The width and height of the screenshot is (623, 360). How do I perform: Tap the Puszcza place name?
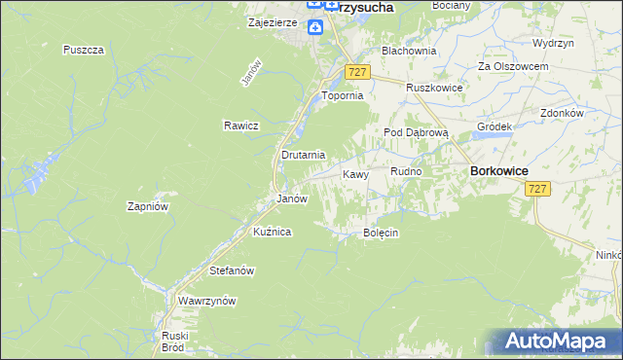pyautogui.click(x=83, y=50)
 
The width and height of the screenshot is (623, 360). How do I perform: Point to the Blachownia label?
pyautogui.click(x=409, y=50)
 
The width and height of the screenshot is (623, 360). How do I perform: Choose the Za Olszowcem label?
pyautogui.click(x=513, y=66)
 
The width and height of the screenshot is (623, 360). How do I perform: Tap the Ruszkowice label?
pyautogui.click(x=434, y=87)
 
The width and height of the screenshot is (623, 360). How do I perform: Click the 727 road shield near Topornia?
pyautogui.click(x=357, y=74)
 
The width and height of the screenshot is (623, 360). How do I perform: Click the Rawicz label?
pyautogui.click(x=239, y=126)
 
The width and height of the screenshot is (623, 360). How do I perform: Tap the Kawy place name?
pyautogui.click(x=355, y=174)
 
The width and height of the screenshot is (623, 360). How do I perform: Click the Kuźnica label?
pyautogui.click(x=274, y=232)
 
